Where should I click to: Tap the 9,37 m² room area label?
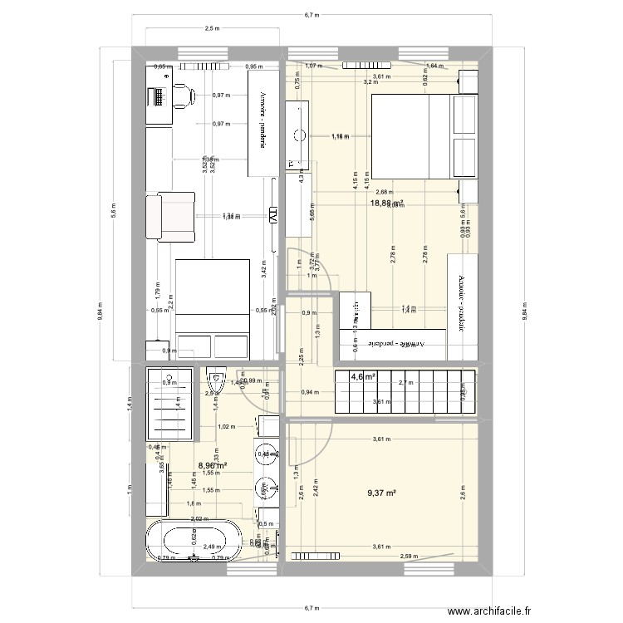(381, 493)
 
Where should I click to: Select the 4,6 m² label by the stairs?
(363, 377)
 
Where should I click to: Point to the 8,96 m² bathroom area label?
(213, 466)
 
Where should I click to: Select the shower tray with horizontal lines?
(170, 403)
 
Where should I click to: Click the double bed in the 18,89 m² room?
(424, 136)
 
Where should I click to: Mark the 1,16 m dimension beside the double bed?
(340, 136)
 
